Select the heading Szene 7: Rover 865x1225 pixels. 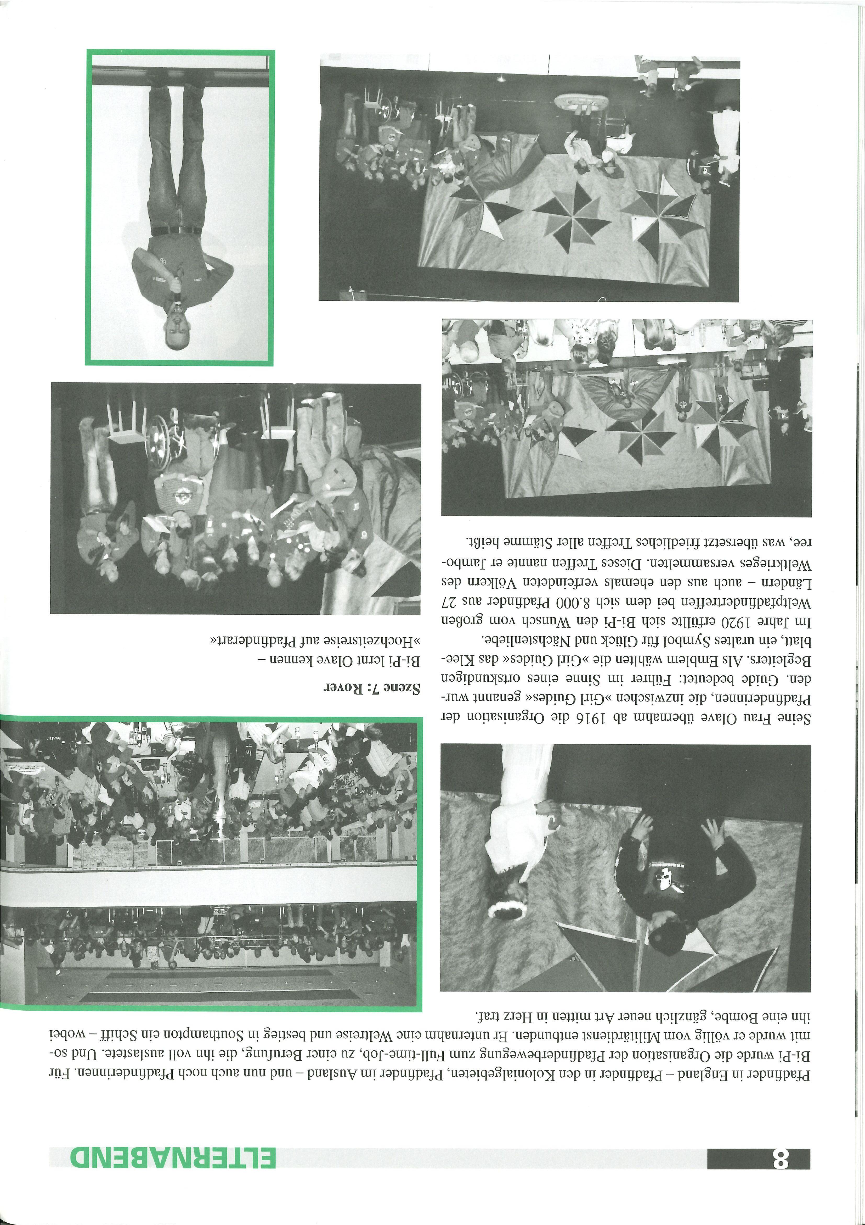click(x=372, y=688)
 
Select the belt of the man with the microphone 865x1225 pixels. click(x=176, y=231)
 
